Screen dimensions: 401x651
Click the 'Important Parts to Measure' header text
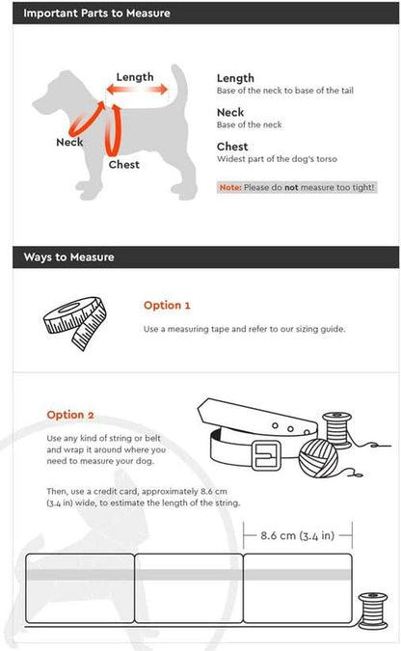point(96,13)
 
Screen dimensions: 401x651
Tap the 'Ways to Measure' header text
point(68,257)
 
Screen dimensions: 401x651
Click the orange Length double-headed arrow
point(137,89)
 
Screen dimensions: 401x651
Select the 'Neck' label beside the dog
point(69,142)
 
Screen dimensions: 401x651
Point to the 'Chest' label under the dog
point(124,164)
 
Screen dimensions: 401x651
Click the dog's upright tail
point(179,83)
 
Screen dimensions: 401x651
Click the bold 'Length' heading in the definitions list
point(235,78)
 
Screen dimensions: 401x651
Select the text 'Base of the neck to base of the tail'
point(285,91)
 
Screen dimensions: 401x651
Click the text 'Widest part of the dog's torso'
point(277,158)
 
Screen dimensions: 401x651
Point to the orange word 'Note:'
point(230,187)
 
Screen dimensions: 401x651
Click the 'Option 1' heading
point(167,305)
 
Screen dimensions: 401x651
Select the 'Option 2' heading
point(70,415)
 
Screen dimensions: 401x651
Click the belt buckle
point(266,455)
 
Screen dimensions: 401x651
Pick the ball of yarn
point(318,458)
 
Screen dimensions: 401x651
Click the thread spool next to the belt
point(337,430)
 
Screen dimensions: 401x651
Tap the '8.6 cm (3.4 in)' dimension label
point(297,535)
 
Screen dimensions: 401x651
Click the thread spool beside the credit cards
point(373,610)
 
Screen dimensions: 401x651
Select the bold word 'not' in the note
point(291,187)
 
